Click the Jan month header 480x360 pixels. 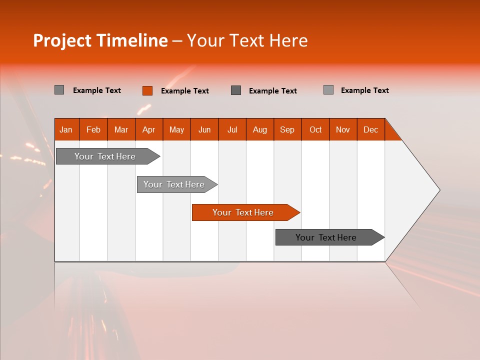click(66, 129)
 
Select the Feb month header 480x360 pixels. click(93, 129)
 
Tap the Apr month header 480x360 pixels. click(148, 129)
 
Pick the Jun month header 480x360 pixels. click(204, 129)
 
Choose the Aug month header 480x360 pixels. click(259, 129)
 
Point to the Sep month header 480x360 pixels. click(287, 129)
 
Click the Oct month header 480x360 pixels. click(315, 129)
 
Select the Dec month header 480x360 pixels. click(370, 129)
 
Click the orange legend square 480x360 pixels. click(147, 90)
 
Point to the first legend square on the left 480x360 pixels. click(59, 90)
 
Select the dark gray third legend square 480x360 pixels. click(236, 90)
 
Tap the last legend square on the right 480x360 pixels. click(328, 90)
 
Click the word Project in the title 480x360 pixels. click(62, 41)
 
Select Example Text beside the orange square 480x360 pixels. click(185, 91)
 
